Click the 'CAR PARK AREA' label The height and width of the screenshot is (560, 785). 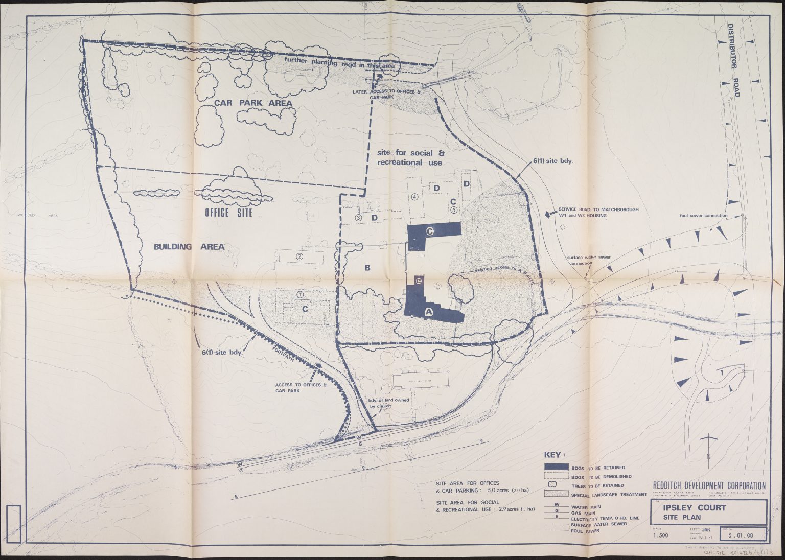click(246, 103)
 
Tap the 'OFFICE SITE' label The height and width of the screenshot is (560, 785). click(228, 213)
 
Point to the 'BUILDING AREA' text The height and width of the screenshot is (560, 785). click(189, 247)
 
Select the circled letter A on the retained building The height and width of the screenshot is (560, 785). click(429, 311)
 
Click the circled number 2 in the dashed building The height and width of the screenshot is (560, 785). click(300, 256)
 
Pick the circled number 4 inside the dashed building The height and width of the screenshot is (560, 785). click(414, 197)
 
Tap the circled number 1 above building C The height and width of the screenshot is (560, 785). click(301, 294)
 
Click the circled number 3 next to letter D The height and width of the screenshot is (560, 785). click(359, 218)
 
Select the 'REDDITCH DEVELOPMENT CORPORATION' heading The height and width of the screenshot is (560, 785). click(709, 485)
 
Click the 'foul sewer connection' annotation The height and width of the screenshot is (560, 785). click(703, 216)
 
